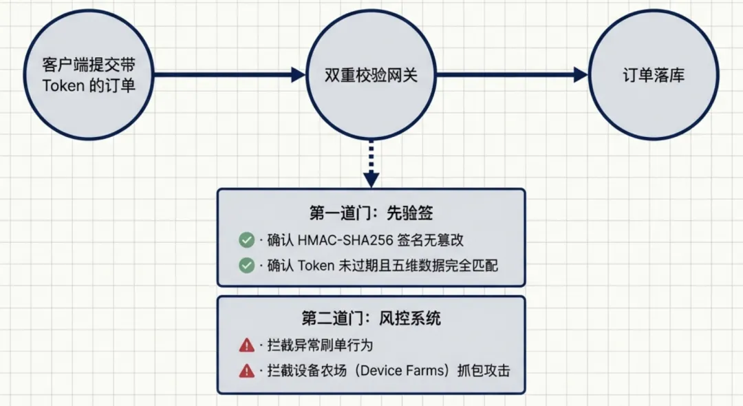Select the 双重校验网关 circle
click(371, 75)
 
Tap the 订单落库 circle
click(653, 75)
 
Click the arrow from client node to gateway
click(227, 75)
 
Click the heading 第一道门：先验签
click(371, 214)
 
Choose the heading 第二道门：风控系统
click(371, 318)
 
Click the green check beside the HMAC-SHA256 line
click(246, 240)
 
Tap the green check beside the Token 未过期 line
click(246, 266)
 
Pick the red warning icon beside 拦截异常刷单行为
click(246, 345)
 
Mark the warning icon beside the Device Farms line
click(246, 371)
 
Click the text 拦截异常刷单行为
click(320, 345)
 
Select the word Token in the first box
click(316, 266)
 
